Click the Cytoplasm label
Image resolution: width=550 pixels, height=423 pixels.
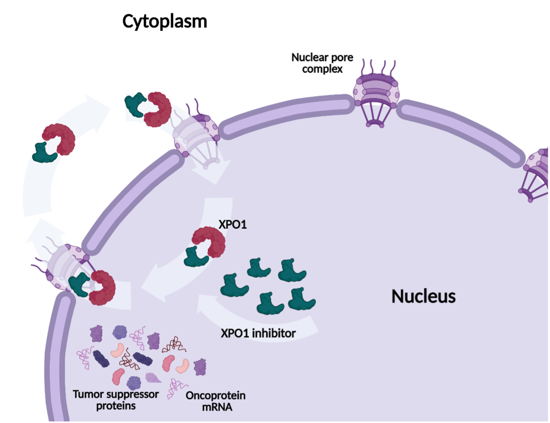pyautogui.click(x=164, y=21)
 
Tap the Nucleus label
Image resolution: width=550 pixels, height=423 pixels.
pyautogui.click(x=423, y=296)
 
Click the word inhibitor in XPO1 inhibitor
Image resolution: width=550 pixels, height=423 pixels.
pyautogui.click(x=274, y=333)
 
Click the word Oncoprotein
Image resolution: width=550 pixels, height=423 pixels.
pyautogui.click(x=215, y=396)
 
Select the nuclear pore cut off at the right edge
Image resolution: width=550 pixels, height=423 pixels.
pyautogui.click(x=537, y=175)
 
